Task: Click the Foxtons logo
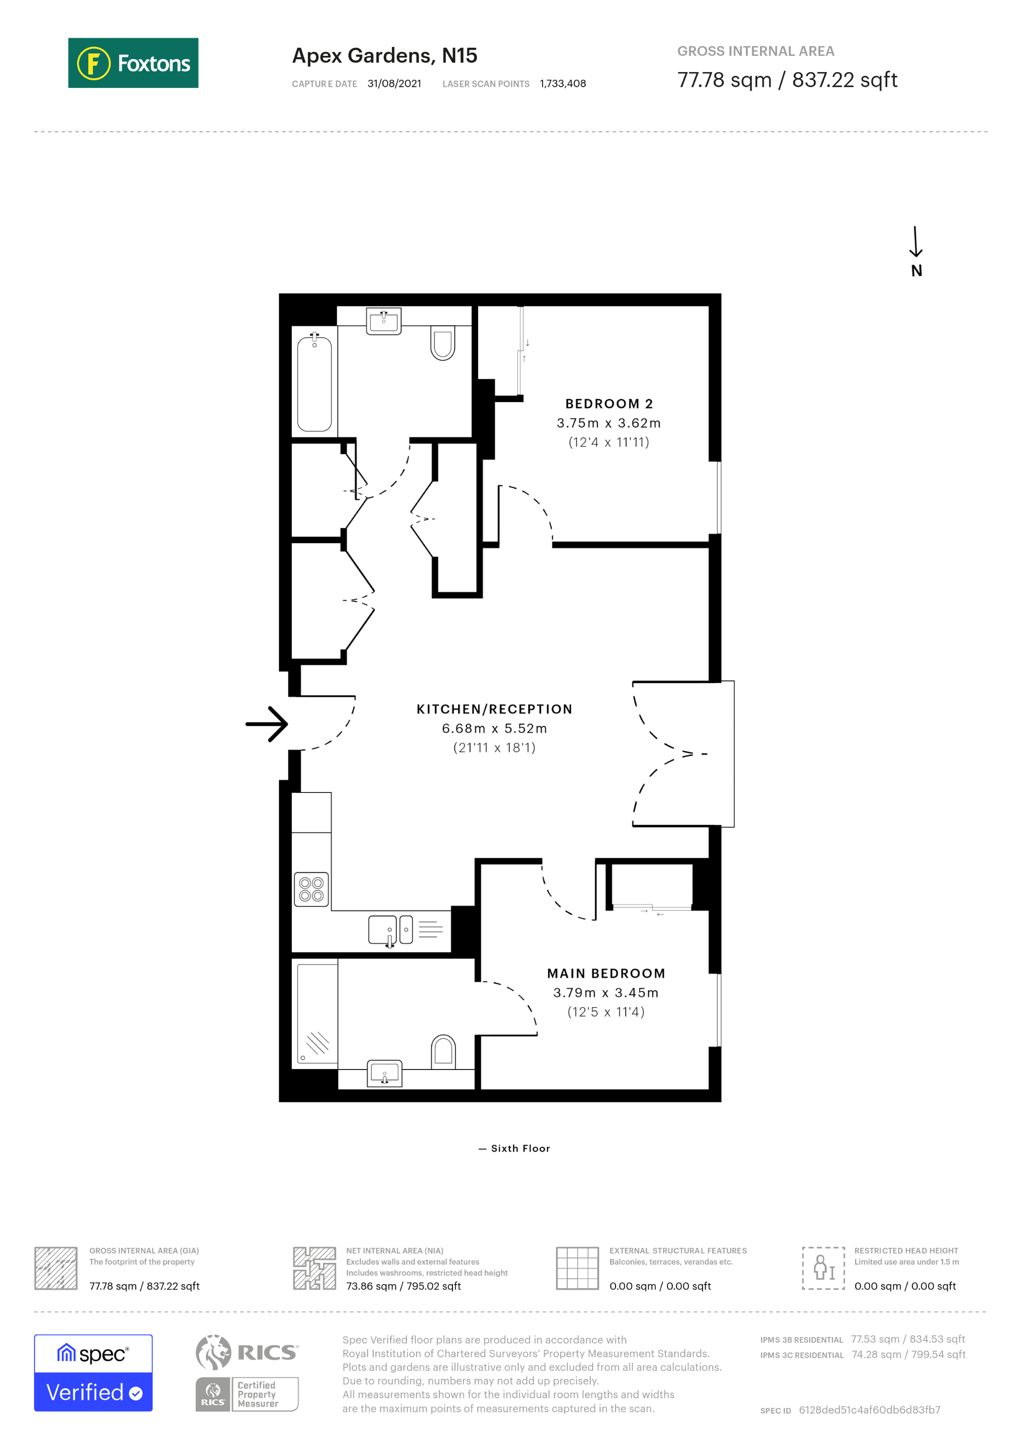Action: pos(133,63)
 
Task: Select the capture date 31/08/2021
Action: pos(394,84)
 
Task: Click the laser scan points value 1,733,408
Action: pos(562,84)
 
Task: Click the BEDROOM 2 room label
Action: pos(609,404)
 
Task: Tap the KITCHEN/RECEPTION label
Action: pos(494,709)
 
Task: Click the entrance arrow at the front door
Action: pos(267,724)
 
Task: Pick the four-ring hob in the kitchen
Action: pos(311,889)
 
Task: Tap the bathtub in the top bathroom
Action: pos(314,383)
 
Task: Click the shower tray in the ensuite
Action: pos(317,1014)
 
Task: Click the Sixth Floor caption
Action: pos(514,1148)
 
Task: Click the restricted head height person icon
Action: pos(823,1268)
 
